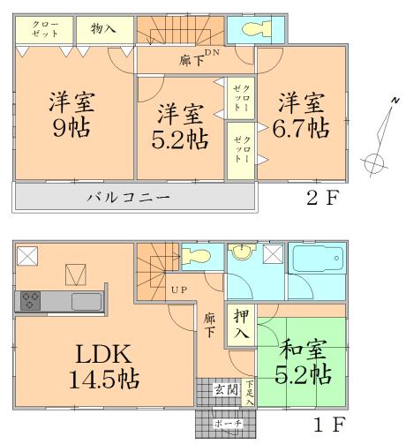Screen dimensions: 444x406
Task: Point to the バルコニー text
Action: click(128, 197)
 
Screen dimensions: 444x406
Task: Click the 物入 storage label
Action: click(103, 29)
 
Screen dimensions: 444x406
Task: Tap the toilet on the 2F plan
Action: click(251, 29)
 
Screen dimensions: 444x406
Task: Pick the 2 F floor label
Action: click(322, 197)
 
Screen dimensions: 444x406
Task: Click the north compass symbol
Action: click(378, 141)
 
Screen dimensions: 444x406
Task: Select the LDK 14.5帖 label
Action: click(104, 367)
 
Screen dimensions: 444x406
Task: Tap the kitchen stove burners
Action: click(32, 301)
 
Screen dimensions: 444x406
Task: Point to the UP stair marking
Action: click(177, 290)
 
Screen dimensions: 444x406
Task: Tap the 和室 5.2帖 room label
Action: click(304, 363)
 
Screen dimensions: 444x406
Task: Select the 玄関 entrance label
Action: click(226, 389)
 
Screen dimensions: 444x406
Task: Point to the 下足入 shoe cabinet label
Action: click(250, 391)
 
